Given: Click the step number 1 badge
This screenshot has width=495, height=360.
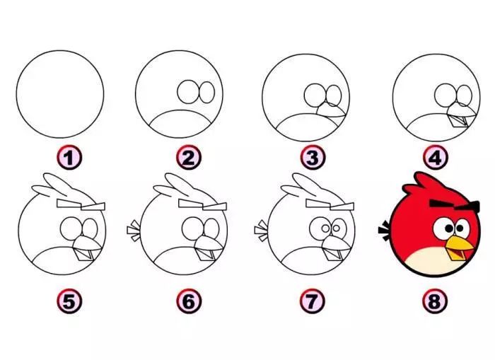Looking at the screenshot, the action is click(69, 158).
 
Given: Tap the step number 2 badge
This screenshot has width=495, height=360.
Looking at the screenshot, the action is click(189, 158).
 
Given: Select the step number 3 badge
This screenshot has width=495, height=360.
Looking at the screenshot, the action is click(313, 158).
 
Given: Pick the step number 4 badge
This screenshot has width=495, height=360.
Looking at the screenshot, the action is click(435, 158).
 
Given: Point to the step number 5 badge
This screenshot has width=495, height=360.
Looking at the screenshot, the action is click(69, 301).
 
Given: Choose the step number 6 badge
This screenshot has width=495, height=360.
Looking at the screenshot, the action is click(189, 301).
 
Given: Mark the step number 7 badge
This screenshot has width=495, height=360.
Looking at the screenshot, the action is click(312, 301).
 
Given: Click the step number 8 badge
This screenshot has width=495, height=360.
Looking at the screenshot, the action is click(435, 301).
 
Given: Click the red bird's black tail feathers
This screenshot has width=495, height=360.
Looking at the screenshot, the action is click(385, 231).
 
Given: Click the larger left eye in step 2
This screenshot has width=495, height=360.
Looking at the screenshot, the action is click(187, 91).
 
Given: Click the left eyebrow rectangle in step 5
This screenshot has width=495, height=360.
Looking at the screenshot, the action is click(69, 204).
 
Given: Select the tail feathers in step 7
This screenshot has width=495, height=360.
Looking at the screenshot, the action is click(262, 231).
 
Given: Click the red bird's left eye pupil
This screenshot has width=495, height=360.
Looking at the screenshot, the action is click(448, 228).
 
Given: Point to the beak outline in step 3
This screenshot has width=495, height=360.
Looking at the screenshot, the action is click(330, 110).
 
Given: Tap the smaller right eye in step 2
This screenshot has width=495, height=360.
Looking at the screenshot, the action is click(207, 93).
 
